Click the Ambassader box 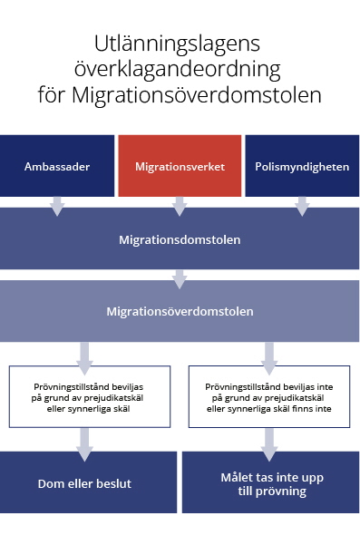[57, 167]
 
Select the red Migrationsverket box [180, 167]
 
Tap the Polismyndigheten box [302, 167]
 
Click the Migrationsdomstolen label [180, 240]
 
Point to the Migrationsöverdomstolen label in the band [180, 311]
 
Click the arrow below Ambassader [57, 207]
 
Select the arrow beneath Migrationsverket [180, 207]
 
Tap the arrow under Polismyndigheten [302, 207]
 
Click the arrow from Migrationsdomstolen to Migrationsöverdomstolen [180, 278]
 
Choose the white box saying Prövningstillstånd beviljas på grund [89, 396]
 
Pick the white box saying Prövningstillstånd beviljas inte [269, 396]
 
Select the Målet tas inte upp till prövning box [271, 483]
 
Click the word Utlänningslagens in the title [180, 44]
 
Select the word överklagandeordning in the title [180, 69]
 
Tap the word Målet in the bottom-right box [238, 477]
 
